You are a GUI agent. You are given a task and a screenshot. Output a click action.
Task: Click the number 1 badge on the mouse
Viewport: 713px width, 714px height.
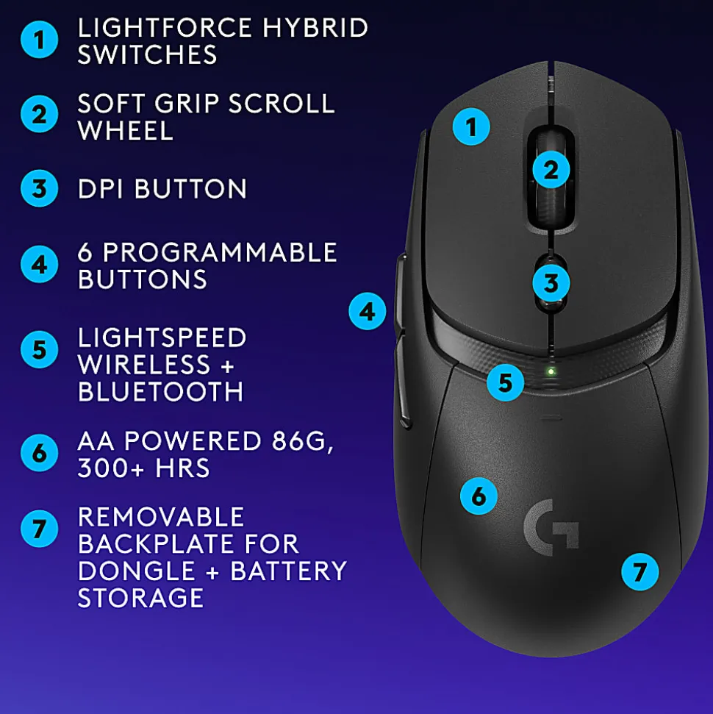coord(471,126)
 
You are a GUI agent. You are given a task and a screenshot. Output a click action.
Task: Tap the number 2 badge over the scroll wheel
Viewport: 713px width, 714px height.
coord(551,170)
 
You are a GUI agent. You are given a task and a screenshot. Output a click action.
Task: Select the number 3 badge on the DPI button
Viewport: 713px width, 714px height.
coord(551,283)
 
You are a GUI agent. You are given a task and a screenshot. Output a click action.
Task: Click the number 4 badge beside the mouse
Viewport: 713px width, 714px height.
coord(368,312)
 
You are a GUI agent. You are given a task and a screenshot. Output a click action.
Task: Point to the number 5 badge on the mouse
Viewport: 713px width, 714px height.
coord(506,382)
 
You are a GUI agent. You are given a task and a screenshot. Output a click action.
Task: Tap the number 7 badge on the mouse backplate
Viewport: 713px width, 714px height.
coord(639,571)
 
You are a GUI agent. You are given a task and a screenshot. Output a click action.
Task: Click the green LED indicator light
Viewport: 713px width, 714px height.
coord(551,372)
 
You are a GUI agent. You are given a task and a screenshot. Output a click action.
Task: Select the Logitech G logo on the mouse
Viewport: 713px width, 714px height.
coord(551,527)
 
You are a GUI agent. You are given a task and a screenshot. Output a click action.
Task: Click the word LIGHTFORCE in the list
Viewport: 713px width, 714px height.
coord(165,28)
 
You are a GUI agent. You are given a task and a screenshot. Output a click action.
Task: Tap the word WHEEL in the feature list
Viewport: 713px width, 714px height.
coord(126,131)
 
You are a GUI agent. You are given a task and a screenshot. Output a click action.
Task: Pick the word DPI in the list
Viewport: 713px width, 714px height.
coord(101,188)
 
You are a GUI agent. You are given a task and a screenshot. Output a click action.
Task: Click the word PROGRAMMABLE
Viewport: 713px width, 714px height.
coord(220,252)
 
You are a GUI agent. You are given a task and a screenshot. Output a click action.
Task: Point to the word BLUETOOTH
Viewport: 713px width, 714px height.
coord(161,392)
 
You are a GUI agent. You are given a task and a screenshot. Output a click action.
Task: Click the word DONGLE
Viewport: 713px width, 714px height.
coord(137,571)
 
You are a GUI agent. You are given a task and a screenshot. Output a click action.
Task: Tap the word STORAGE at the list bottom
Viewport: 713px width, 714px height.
coord(140,597)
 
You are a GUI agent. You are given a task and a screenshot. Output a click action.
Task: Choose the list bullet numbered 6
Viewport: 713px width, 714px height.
coord(39,453)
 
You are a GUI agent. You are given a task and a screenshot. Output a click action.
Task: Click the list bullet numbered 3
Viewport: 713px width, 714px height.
coord(39,188)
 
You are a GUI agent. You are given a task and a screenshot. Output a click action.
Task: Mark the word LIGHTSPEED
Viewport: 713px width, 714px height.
coord(162,338)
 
